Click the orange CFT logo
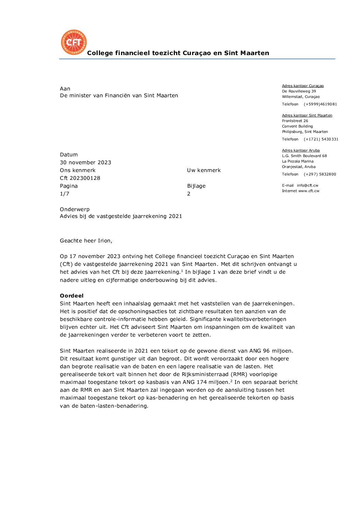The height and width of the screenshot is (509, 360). click(x=74, y=42)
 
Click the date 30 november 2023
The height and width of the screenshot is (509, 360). click(x=85, y=163)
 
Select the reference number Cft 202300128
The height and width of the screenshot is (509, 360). click(x=80, y=178)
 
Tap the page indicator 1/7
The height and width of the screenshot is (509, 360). click(x=64, y=194)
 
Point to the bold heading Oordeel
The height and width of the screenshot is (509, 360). click(x=71, y=296)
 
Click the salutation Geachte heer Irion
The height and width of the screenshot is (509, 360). click(x=86, y=241)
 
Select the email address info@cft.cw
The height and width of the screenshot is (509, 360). click(x=307, y=185)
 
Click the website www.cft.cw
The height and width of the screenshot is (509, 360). click(x=309, y=191)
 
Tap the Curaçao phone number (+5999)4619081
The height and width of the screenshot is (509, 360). click(x=320, y=104)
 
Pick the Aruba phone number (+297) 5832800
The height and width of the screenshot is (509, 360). click(x=320, y=174)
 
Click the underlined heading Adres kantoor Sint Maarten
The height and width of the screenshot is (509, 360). click(x=307, y=115)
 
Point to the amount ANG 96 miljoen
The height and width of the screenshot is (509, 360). click(x=271, y=351)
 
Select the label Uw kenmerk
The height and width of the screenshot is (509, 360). click(x=204, y=170)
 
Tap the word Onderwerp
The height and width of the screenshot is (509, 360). click(x=75, y=209)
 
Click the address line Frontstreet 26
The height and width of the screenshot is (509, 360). click(x=295, y=121)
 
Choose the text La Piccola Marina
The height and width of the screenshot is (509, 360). click(x=298, y=161)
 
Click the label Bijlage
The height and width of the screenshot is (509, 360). click(x=196, y=186)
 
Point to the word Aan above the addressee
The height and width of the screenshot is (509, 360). click(x=65, y=89)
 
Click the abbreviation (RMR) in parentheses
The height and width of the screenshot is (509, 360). click(x=240, y=374)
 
